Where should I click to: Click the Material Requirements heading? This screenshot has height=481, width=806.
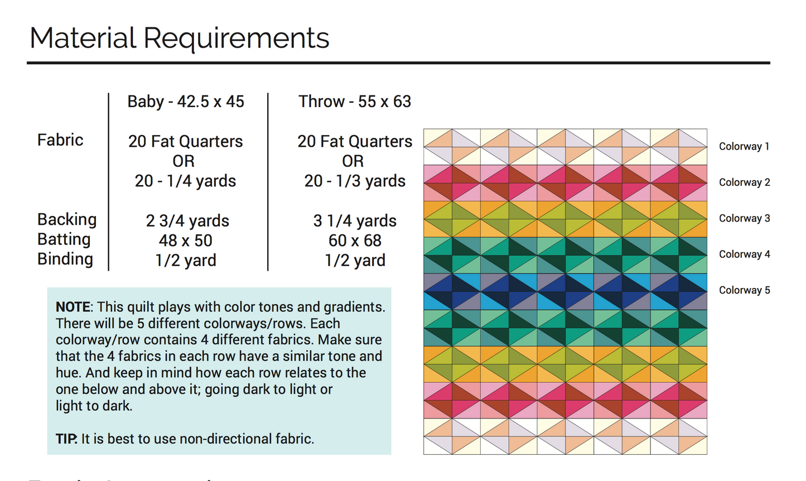point(179,39)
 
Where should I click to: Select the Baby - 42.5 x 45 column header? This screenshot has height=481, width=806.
point(186,102)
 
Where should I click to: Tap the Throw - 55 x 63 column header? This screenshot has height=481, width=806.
point(355,102)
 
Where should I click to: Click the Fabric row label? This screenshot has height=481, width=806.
point(60,140)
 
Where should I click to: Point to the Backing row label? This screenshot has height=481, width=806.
point(67,219)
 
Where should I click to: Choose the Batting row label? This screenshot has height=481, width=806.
point(64,239)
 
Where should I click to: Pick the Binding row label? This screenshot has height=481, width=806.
point(65,259)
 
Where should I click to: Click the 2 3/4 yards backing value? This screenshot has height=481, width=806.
point(187,221)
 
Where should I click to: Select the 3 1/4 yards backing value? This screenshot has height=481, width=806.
point(355,221)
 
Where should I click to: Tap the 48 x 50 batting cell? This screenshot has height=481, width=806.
point(186,240)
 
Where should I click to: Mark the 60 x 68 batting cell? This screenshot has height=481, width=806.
point(355,240)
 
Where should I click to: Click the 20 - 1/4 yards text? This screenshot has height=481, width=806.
point(185,181)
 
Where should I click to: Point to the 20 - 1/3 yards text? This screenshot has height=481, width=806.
point(355,181)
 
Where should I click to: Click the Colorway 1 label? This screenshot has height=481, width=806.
point(744,147)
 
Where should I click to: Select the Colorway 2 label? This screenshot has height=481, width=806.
point(744,182)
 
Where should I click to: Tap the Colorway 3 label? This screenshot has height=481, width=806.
point(744,218)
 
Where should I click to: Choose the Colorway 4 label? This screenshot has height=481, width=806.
point(744,254)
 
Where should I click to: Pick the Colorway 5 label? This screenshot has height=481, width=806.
point(744,290)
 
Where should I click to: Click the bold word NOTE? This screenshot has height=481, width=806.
point(73,307)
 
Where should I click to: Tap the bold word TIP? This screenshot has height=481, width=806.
point(66,439)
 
